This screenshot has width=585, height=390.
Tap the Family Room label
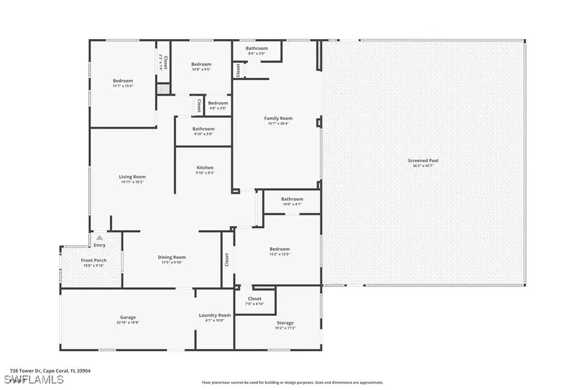pos(278,118)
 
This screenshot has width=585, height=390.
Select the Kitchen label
pos(205,168)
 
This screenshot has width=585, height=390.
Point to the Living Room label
pos(132,177)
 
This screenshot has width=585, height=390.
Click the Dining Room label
pos(172,257)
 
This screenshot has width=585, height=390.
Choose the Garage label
pos(127,317)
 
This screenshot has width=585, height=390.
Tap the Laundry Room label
pos(214,315)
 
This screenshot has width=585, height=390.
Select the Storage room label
pos(285,323)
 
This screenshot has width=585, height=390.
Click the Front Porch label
pos(94,261)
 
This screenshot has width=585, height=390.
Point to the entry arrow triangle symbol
pos(99,238)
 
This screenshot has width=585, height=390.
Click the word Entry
pos(99,245)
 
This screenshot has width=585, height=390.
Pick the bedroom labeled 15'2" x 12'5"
pos(279,249)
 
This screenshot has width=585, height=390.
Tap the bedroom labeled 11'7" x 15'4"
pos(123,81)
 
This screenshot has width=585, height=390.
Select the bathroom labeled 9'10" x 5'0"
pos(203,129)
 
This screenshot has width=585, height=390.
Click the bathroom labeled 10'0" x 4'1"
pos(292,199)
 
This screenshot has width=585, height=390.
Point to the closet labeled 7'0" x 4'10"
pos(255,299)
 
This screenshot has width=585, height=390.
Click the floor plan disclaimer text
pos(292,383)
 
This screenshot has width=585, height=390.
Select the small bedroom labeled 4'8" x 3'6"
pos(218,103)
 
